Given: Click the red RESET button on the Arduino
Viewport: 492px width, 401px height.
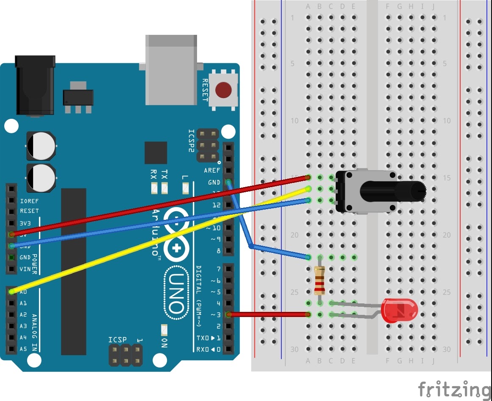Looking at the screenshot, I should tap(223, 90).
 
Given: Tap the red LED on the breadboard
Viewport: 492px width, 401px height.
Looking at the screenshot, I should tap(399, 310).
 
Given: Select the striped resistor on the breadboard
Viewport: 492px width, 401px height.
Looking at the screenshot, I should tap(320, 280).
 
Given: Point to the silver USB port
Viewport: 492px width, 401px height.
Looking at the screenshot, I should tap(171, 70).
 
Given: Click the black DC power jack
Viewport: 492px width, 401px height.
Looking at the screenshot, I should tap(35, 85).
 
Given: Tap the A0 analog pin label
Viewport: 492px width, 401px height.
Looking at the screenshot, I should tap(23, 292).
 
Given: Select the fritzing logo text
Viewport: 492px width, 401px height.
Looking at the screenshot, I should tap(453, 389).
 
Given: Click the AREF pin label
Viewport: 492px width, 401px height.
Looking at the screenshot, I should tap(212, 171).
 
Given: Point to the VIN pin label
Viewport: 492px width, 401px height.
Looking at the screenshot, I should tap(25, 269).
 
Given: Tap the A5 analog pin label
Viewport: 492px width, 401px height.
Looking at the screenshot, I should tap(23, 349).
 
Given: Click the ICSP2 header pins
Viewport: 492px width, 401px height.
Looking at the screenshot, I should tap(207, 146).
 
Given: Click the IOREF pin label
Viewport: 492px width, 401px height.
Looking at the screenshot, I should tap(29, 199).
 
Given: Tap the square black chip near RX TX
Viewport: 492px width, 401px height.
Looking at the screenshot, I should tap(156, 153).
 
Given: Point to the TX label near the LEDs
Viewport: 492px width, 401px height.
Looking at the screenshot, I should tap(164, 174).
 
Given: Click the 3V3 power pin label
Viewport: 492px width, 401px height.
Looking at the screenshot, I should tap(25, 222).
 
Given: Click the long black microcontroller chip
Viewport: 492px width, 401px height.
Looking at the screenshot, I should tap(73, 272).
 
